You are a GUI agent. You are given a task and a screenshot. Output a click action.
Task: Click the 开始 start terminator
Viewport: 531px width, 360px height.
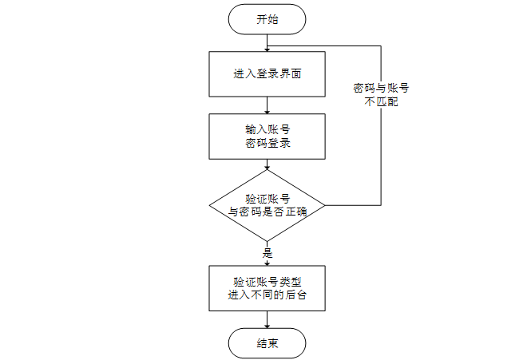pyautogui.click(x=267, y=20)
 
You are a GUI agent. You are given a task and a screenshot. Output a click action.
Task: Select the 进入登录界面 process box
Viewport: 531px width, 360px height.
pyautogui.click(x=267, y=74)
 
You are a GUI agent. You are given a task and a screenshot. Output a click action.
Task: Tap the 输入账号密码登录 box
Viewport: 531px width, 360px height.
pyautogui.click(x=267, y=136)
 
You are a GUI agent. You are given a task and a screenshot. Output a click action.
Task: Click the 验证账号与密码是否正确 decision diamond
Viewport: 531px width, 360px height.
pyautogui.click(x=267, y=205)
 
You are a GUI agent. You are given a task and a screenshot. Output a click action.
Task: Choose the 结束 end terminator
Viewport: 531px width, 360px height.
pyautogui.click(x=267, y=343)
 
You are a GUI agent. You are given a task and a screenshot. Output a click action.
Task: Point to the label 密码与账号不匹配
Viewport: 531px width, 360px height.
pyautogui.click(x=381, y=95)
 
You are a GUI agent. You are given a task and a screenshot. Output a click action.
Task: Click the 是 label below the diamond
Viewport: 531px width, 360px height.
pyautogui.click(x=267, y=253)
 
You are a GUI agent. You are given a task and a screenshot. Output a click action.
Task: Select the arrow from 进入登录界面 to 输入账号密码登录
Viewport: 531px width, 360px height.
pyautogui.click(x=267, y=105)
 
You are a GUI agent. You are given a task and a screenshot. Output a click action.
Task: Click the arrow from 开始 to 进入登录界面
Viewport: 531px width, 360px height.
pyautogui.click(x=267, y=42)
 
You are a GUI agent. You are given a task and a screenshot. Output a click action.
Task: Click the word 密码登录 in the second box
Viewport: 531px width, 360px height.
pyautogui.click(x=267, y=144)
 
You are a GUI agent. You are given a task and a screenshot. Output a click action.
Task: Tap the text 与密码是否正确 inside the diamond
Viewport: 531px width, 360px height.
pyautogui.click(x=267, y=212)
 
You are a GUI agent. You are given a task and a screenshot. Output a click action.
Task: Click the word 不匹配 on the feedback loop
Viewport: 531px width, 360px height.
pyautogui.click(x=381, y=102)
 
